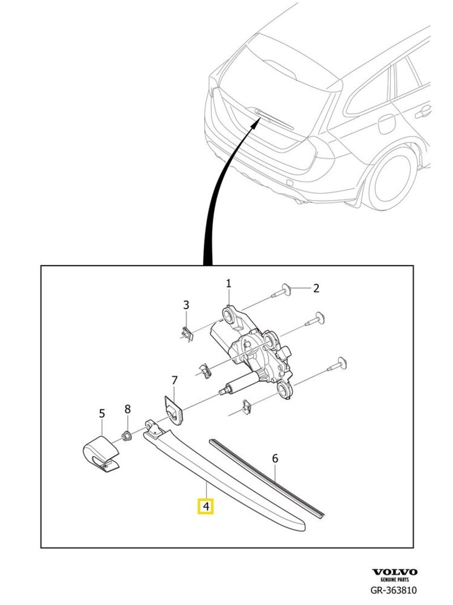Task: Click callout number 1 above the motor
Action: click(229, 283)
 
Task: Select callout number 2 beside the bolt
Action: click(317, 288)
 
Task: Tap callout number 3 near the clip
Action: click(186, 306)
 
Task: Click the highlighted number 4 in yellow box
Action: click(206, 505)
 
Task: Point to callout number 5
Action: click(102, 414)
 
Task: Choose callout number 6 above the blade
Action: click(275, 458)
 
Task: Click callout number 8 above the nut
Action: click(127, 408)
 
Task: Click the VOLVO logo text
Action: click(395, 572)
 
